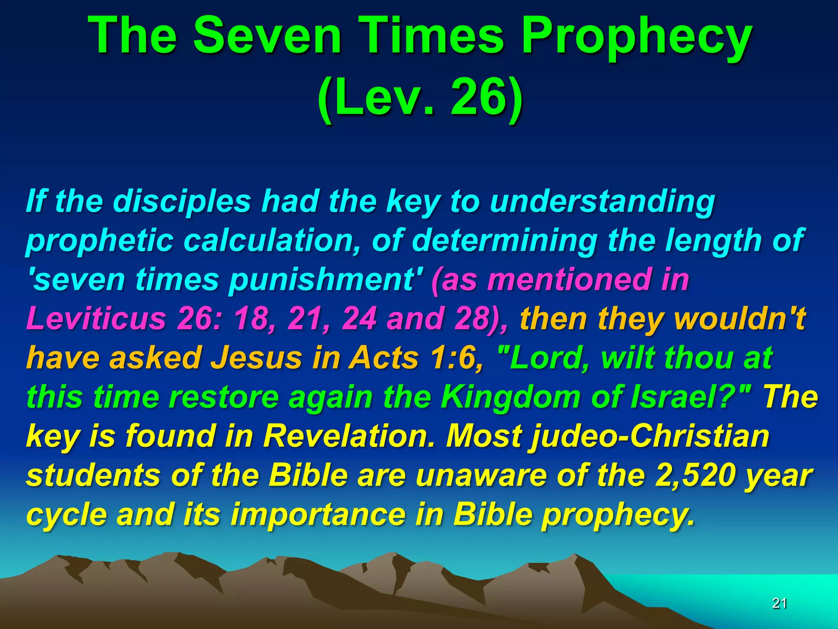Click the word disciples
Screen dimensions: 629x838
click(x=182, y=201)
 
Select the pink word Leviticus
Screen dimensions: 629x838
click(x=96, y=318)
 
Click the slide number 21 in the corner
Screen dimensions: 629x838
click(x=779, y=603)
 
